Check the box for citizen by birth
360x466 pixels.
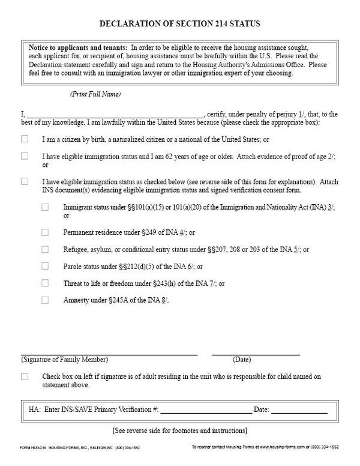25,139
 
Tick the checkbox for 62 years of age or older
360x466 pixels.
25,156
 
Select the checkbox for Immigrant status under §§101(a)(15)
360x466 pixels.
45,207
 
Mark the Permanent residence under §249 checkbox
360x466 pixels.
45,231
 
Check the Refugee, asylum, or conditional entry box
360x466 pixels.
45,249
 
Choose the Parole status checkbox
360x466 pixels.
45,265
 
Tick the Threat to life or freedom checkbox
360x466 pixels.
45,282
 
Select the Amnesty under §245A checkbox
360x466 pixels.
45,299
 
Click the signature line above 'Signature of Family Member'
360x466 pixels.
109,354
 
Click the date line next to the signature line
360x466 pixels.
256,354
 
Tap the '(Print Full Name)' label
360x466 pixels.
95,95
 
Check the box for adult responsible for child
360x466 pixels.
25,377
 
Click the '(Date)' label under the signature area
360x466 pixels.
242,360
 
